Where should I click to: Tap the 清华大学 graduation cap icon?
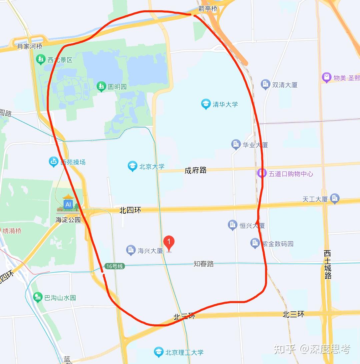(206, 104)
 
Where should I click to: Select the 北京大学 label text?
(152, 166)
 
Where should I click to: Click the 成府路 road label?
(196, 170)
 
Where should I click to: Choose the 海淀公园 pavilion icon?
(68, 203)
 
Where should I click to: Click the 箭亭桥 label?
(207, 9)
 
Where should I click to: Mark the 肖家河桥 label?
(30, 46)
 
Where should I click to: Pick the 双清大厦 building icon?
(265, 84)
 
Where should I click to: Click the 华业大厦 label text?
(255, 145)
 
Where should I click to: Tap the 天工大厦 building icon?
(335, 199)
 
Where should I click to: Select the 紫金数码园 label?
(277, 244)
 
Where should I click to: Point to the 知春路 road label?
(204, 264)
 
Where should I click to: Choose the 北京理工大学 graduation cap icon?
(159, 352)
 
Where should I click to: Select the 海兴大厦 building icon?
(131, 250)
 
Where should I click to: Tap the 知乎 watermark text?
(284, 349)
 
